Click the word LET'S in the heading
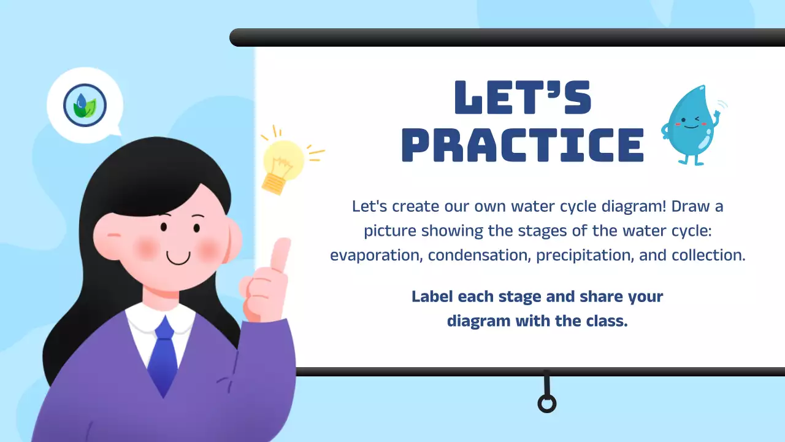pos(523,98)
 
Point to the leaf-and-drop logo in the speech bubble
pos(85,105)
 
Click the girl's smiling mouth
pos(178,258)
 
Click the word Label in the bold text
pos(432,297)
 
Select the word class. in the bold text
pos(607,320)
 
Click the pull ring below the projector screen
pos(546,403)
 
